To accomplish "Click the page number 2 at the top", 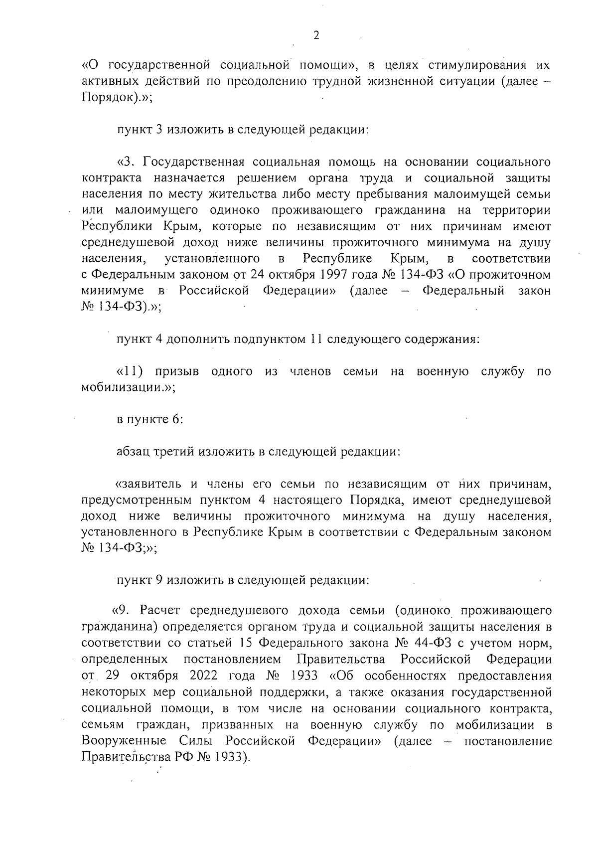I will [315, 35].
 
